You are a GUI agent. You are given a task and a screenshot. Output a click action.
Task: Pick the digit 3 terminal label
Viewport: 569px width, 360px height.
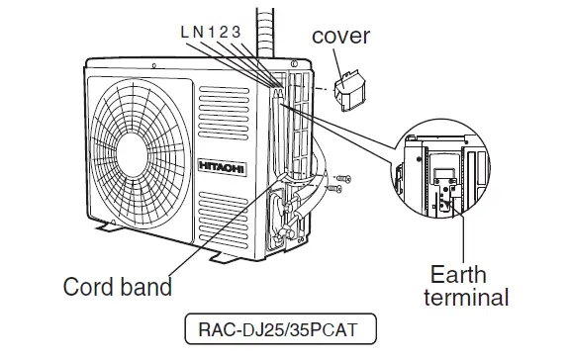237,31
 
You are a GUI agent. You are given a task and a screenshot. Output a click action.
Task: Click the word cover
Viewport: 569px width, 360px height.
340,37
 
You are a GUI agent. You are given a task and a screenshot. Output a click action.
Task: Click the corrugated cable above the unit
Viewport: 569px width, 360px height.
265,30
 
